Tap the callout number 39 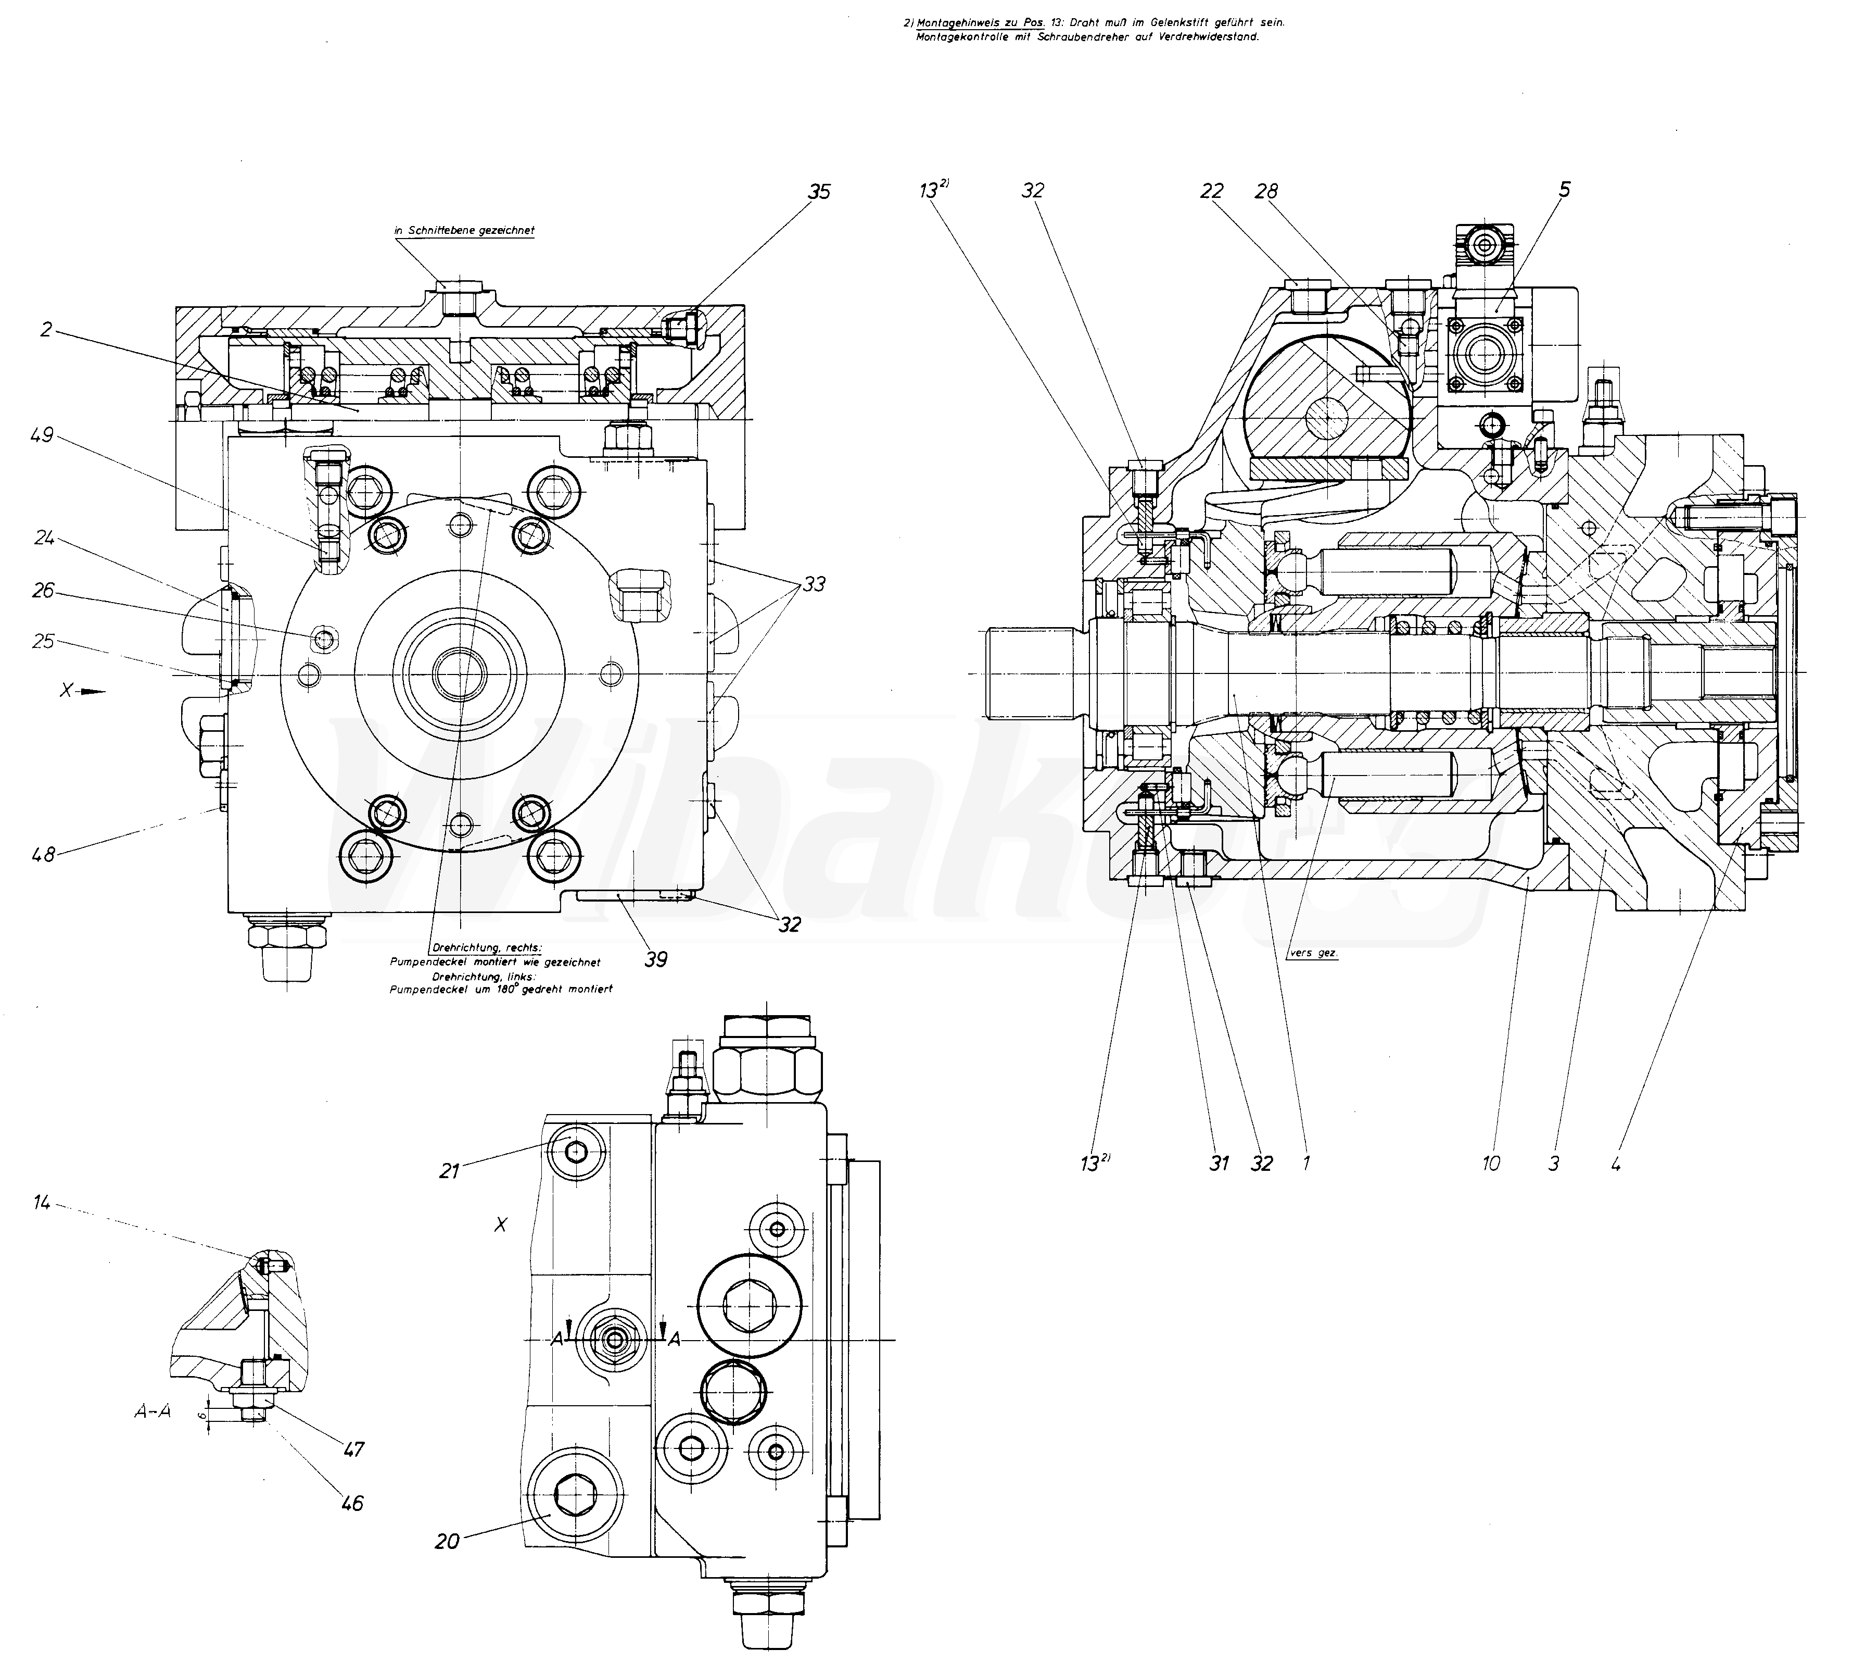655,959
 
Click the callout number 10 1491,1163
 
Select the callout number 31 1220,1163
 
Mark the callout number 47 353,1448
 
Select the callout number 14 42,1204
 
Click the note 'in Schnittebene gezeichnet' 464,231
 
